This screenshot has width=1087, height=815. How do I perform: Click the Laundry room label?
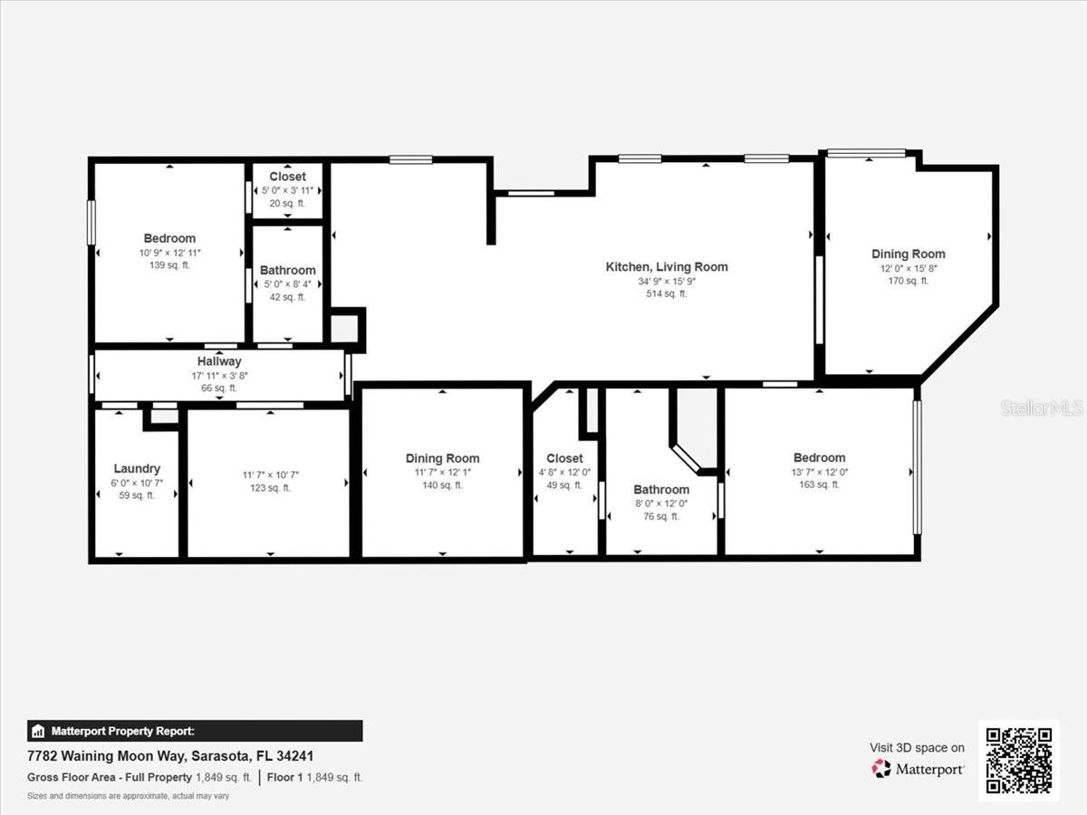coord(137,468)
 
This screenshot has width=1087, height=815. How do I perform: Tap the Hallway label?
coord(219,361)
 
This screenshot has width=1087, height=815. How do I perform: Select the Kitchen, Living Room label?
coord(666,266)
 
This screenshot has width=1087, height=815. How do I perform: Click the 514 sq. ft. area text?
coord(666,293)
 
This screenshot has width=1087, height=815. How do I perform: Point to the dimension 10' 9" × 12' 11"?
coord(169,252)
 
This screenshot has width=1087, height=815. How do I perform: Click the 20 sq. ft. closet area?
coord(287,204)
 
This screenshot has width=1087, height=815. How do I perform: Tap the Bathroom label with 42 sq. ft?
coord(288,270)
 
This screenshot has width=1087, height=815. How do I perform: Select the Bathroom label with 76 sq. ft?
coord(661,489)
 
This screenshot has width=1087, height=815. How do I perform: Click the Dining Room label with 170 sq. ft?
coord(908,254)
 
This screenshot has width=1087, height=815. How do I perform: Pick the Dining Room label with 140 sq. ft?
coord(442,458)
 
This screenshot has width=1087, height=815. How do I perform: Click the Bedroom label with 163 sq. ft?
coord(819,457)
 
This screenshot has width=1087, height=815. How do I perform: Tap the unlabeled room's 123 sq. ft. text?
coord(269,488)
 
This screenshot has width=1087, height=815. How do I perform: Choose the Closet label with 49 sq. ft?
coord(564,458)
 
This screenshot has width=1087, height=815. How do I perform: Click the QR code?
coord(1018,761)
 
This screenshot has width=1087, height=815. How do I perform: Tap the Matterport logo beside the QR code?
coord(919,769)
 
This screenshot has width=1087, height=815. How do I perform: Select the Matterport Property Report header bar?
coord(195,731)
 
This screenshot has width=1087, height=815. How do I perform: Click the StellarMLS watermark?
coord(1042,408)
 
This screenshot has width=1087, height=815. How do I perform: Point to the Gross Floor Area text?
coord(109,778)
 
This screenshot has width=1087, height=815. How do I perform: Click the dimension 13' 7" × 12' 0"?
coord(819,472)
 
